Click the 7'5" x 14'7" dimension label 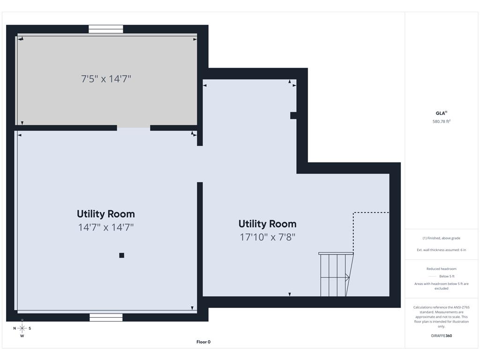tap(106, 79)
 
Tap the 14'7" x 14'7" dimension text tap(106, 227)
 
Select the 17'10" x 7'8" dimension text tap(267, 237)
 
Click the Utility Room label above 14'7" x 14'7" tap(105, 214)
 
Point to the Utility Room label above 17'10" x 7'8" tap(267, 224)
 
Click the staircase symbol tap(336, 274)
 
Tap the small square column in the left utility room tap(121, 255)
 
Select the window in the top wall tap(106, 29)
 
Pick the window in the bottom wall tap(106, 317)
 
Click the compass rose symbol tap(22, 329)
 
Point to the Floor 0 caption tap(203, 342)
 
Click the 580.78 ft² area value tap(442, 121)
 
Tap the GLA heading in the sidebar tap(441, 113)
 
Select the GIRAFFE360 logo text tap(442, 336)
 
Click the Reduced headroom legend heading tap(442, 269)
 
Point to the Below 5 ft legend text tap(447, 276)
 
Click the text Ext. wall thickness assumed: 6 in tap(442, 250)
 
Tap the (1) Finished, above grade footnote tap(442, 238)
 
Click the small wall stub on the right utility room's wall tap(293, 115)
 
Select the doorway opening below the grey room tap(134, 128)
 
